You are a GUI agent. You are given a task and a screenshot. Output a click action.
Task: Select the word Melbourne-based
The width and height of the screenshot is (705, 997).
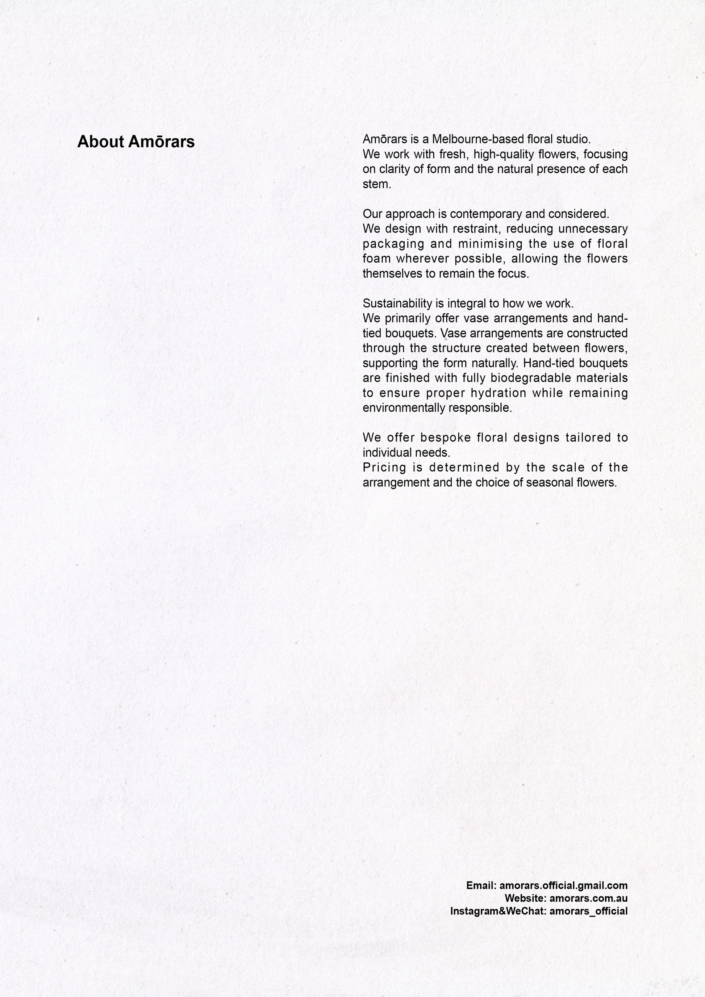point(478,139)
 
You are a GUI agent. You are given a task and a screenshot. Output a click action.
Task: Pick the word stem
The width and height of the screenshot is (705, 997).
point(376,184)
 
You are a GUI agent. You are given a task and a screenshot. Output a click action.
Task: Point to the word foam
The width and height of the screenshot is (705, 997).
point(376,259)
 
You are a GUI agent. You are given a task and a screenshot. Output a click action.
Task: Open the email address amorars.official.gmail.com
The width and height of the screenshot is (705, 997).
point(563,885)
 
